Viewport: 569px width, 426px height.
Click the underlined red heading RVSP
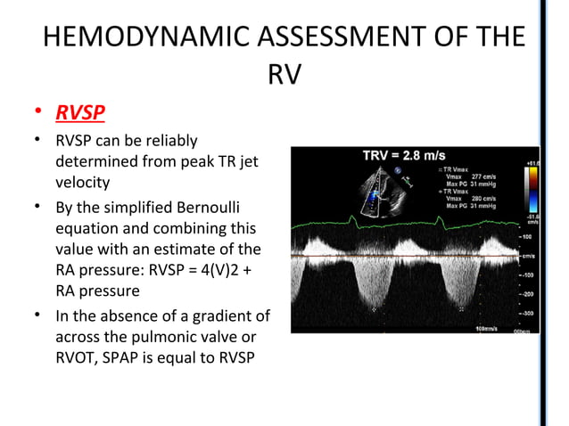click(80, 113)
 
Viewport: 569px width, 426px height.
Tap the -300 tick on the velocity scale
click(529, 314)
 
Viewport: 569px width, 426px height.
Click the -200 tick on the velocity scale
click(529, 293)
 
